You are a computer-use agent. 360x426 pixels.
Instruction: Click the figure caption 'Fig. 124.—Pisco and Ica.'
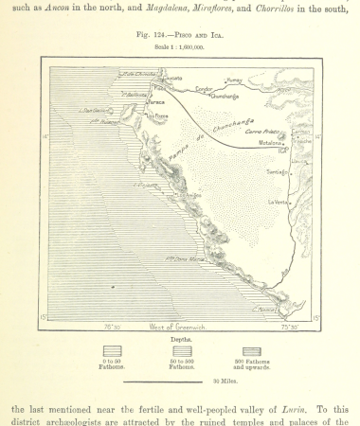coord(180,35)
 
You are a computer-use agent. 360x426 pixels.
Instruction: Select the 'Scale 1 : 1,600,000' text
coord(180,45)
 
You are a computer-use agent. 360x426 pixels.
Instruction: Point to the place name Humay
coord(234,82)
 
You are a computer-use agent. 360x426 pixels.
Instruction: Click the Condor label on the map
coord(204,91)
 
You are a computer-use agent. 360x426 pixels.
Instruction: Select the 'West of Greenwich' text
coord(178,326)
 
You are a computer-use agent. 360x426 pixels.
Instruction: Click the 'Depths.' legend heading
coord(180,338)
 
